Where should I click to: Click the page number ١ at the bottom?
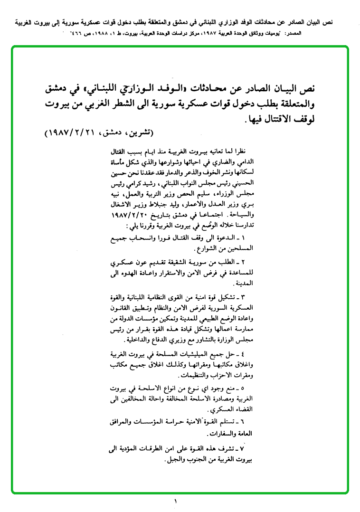[x=175, y=501]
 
